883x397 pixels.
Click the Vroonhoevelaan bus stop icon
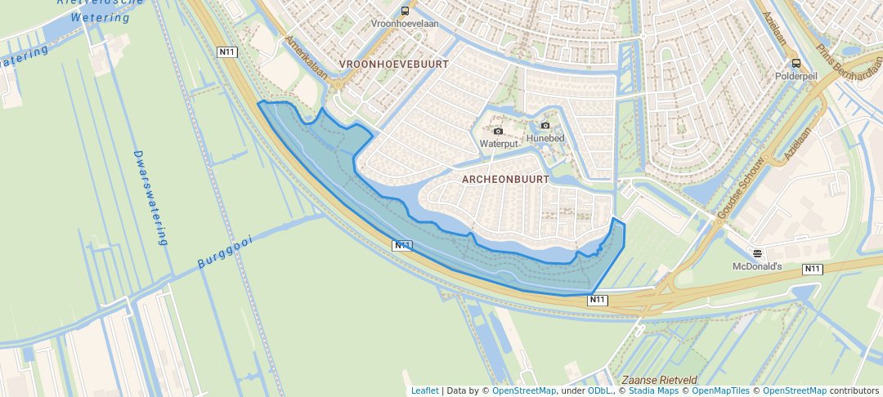point(405,11)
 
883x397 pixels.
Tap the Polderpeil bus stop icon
point(796,63)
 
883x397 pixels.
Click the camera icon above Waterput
point(498,131)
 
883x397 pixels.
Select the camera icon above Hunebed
point(545,125)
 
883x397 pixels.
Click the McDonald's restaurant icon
point(757,253)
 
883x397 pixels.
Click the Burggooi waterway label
point(226,252)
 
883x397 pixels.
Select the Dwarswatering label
point(150,198)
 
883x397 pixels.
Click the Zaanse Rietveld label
point(659,381)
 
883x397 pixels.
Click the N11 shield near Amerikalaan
point(227,52)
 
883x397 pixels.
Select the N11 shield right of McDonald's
point(812,270)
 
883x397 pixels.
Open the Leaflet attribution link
point(424,390)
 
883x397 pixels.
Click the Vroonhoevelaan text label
point(405,24)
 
